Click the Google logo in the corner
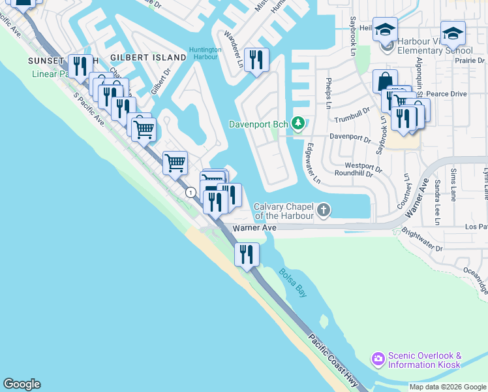point(22,384)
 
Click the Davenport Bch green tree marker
point(298,123)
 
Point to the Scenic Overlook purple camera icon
point(378,359)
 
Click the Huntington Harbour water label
point(205,54)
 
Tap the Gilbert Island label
point(148,57)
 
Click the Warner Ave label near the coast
point(256,228)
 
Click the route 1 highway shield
point(191,192)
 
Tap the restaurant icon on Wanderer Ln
point(256,59)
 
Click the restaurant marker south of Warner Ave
point(247,253)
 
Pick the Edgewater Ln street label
point(313,163)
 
